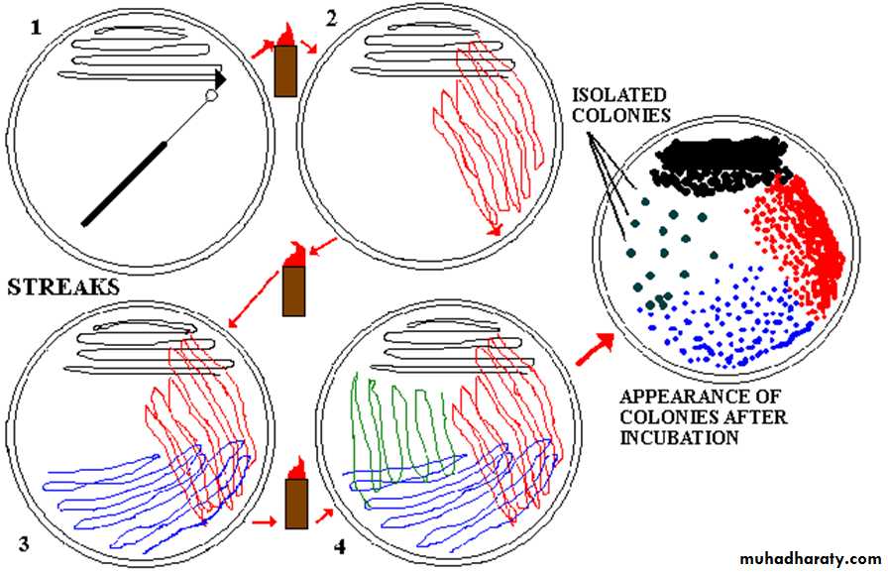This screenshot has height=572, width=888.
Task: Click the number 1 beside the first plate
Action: point(36,27)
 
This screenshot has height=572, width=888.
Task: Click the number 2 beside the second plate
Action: point(332,19)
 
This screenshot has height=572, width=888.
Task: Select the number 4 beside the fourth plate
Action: point(340,547)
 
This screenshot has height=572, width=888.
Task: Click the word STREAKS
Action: point(63,287)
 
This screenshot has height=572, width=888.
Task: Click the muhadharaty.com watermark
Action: point(811,558)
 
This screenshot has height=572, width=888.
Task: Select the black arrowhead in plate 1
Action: point(220,78)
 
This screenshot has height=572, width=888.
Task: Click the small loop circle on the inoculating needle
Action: point(211,96)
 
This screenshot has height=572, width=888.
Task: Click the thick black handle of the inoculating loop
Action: point(125,184)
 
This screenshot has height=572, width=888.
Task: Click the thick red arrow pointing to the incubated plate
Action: point(594,349)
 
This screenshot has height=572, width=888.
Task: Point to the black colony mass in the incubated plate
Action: point(720,165)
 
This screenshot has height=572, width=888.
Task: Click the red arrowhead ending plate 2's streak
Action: point(497,228)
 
